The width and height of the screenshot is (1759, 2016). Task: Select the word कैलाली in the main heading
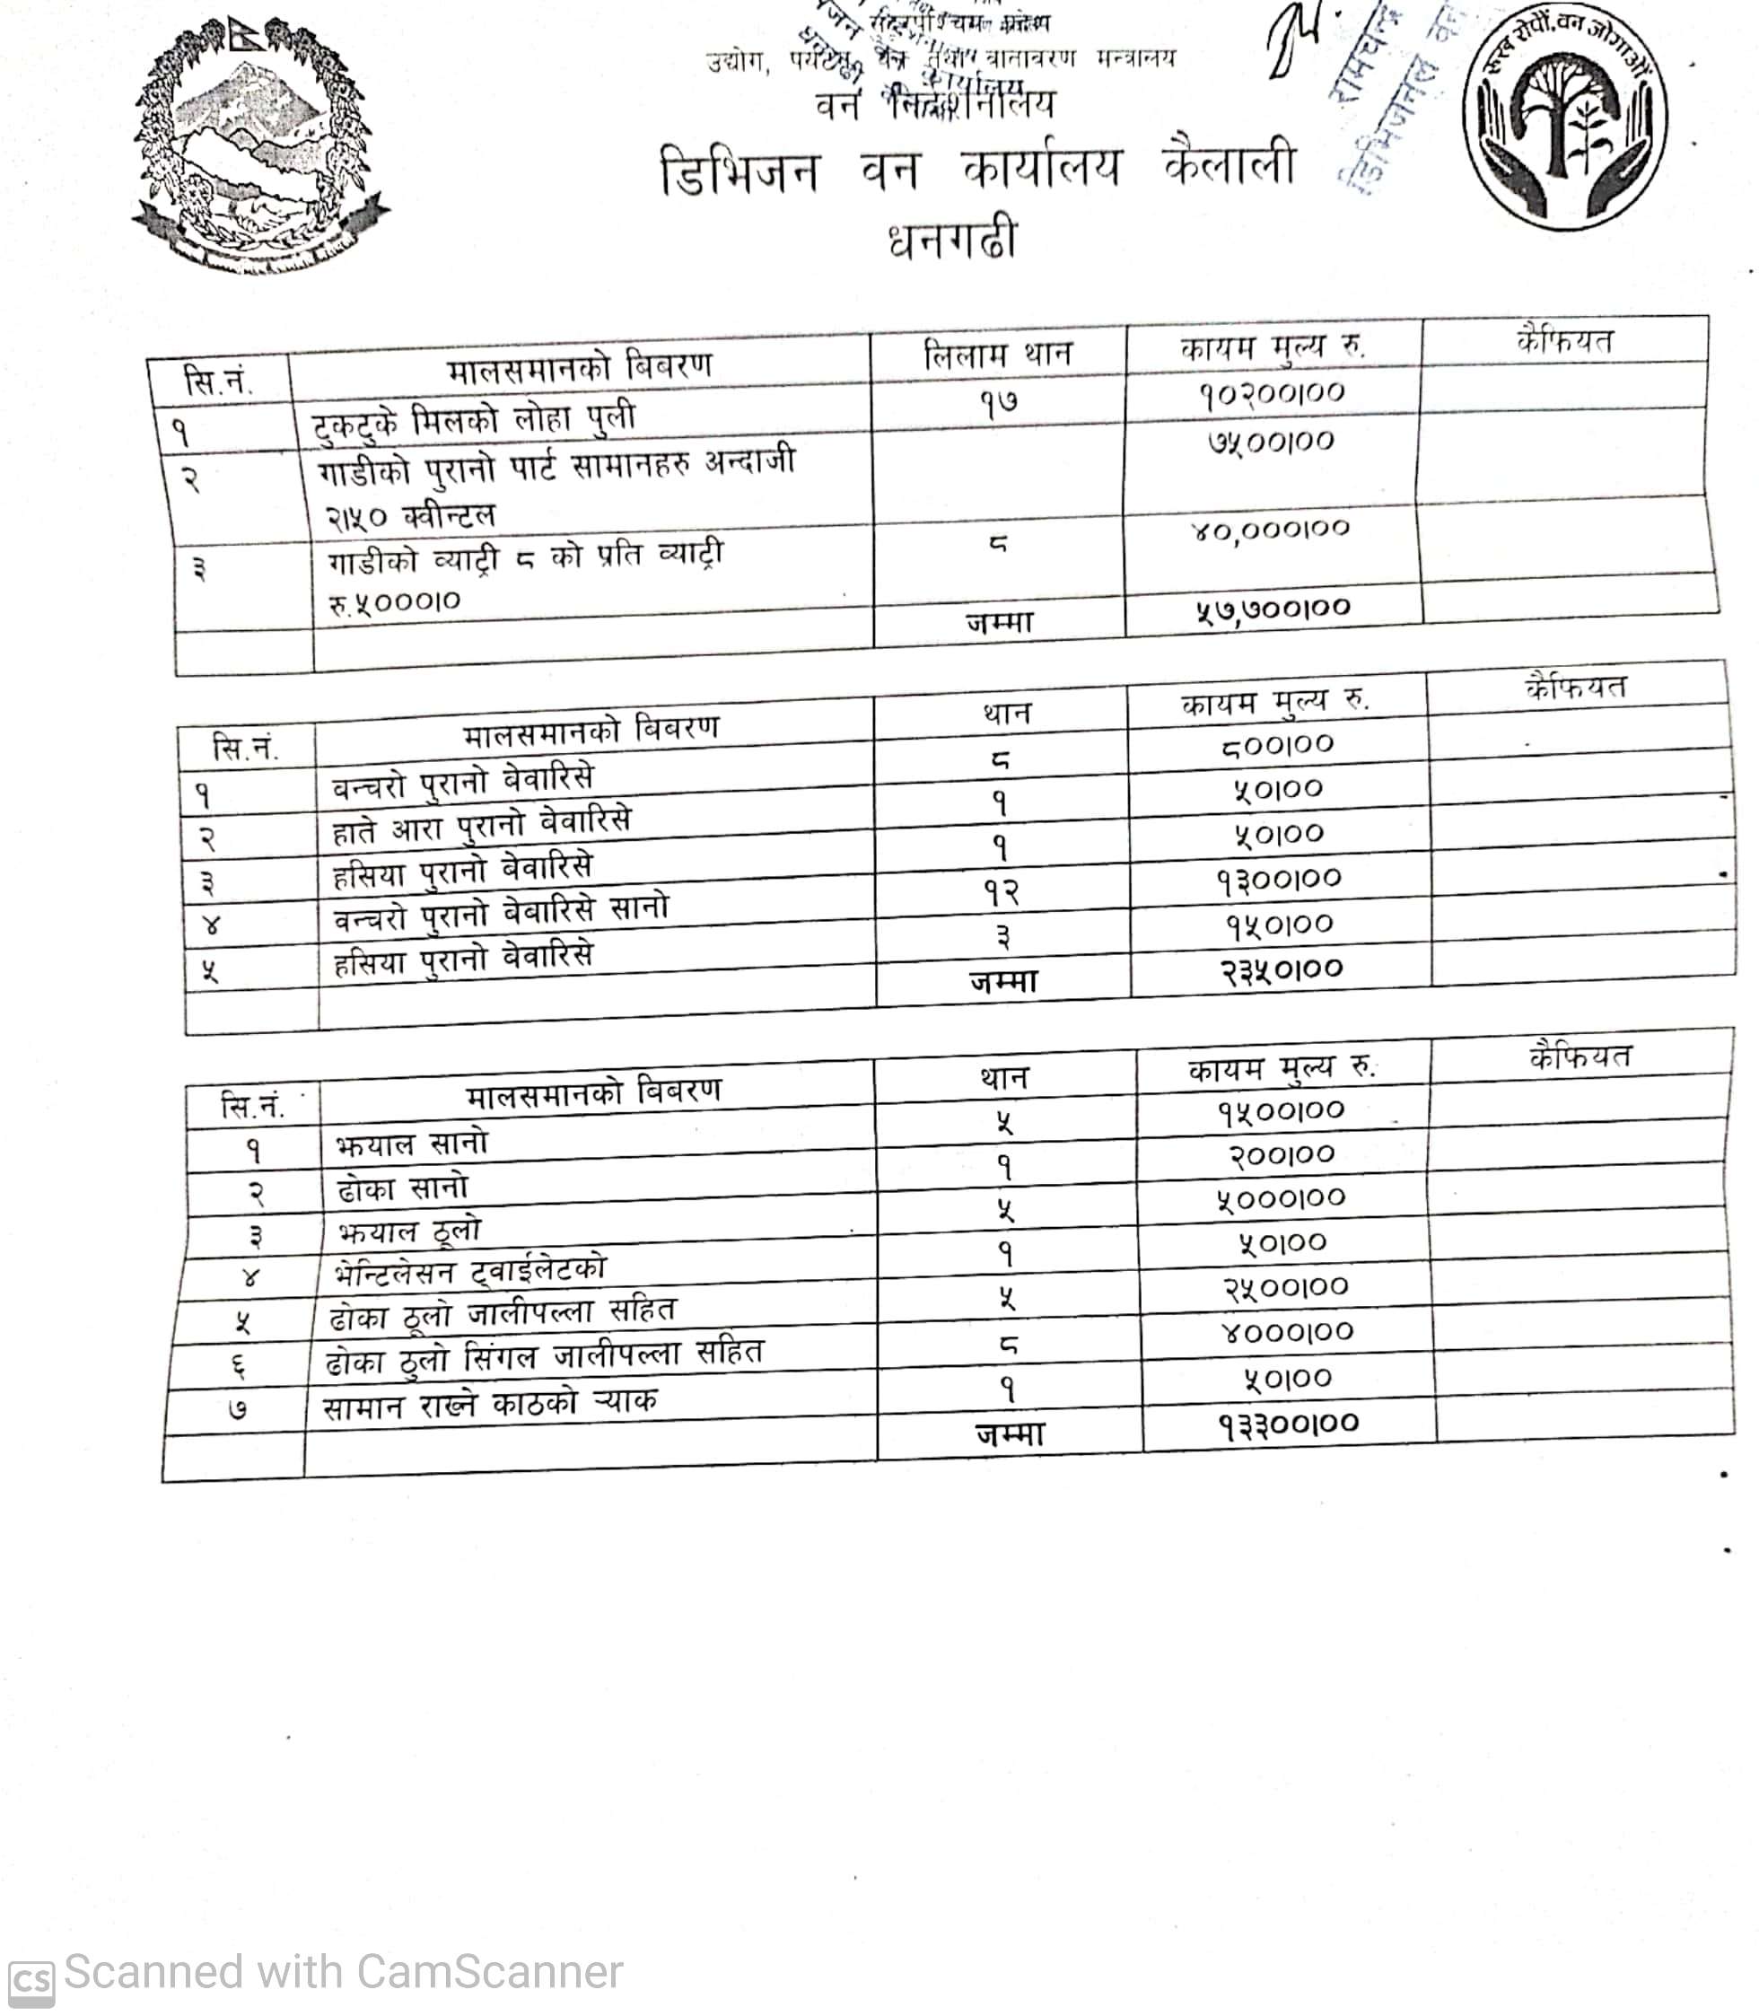1230,165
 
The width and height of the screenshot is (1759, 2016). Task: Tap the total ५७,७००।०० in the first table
1273,609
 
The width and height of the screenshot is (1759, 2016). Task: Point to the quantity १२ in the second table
1002,891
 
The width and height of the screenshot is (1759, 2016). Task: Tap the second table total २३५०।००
1281,969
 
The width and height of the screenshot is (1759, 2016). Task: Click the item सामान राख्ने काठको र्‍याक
490,1405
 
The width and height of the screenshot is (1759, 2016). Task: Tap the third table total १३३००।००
1289,1424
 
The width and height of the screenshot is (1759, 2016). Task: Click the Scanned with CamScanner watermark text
343,1972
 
